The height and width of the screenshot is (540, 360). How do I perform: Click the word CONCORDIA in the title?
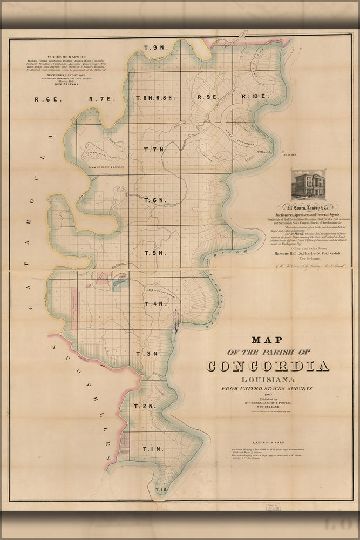coord(268,366)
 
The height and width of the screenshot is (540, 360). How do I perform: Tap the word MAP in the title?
coord(268,340)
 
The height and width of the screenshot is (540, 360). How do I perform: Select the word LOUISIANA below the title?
coord(268,380)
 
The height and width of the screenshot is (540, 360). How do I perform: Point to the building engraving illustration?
coord(308,184)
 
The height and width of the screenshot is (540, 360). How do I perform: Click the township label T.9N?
coord(154,48)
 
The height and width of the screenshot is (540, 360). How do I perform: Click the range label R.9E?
coord(207,97)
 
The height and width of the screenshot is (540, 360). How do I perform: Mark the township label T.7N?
coord(153,149)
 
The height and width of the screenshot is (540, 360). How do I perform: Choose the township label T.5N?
coord(153,253)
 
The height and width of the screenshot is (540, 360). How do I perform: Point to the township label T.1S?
coord(161,490)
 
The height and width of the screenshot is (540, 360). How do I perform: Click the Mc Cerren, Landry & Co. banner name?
coord(306,206)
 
